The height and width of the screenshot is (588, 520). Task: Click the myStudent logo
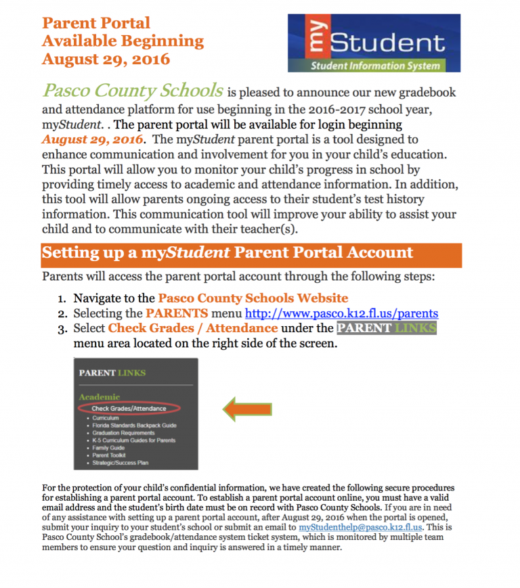[374, 43]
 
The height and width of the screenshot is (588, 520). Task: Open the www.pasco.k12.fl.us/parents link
[341, 313]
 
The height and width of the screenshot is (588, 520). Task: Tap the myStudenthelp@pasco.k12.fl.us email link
[360, 526]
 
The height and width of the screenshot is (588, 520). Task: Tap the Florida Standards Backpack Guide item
[130, 426]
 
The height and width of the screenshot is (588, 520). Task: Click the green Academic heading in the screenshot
[99, 397]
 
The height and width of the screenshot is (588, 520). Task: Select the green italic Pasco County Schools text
[133, 91]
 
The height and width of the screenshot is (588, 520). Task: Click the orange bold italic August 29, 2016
[93, 139]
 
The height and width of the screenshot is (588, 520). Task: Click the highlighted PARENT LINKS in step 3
[387, 328]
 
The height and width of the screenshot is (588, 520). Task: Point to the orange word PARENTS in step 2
[177, 313]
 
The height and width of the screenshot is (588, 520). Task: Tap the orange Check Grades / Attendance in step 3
[193, 328]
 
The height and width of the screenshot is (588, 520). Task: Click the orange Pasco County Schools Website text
[253, 298]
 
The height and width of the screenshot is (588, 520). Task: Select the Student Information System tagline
[374, 66]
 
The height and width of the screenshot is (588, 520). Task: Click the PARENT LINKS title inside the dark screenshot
[112, 373]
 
